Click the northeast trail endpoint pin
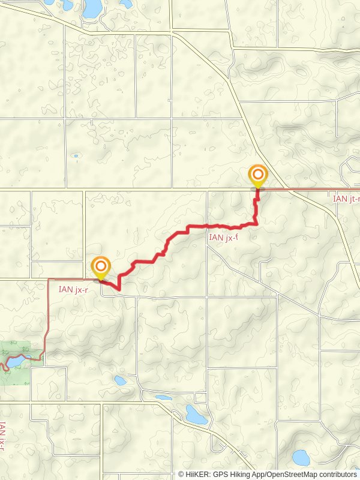[258, 176]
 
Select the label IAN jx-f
[223, 238]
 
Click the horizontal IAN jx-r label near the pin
[74, 289]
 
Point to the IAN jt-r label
[346, 197]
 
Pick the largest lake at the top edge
[92, 8]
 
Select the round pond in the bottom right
[299, 458]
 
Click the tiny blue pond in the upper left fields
[76, 156]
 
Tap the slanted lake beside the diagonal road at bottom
[196, 414]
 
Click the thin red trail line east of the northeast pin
[300, 189]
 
